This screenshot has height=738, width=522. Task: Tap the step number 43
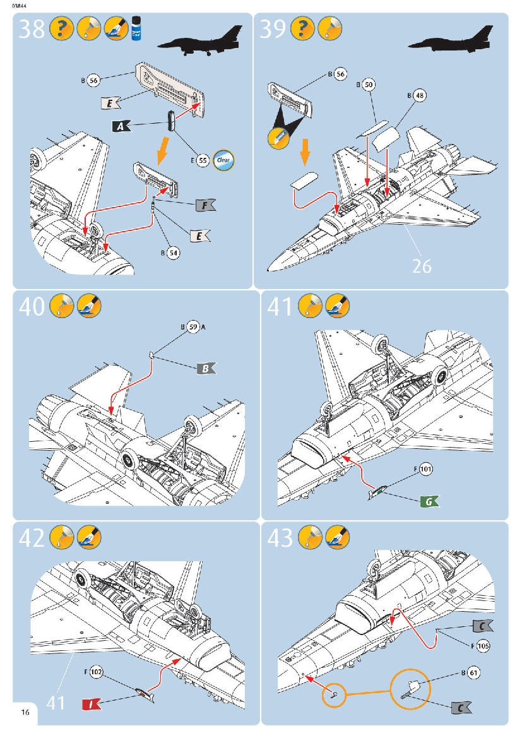click(x=281, y=538)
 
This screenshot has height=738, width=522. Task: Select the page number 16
click(x=25, y=713)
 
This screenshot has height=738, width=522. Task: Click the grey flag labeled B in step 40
click(x=207, y=369)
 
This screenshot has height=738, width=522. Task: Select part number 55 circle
click(x=203, y=160)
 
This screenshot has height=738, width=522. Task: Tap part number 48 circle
click(x=420, y=95)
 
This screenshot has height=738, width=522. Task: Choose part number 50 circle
click(x=369, y=84)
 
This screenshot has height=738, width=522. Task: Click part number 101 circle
click(x=426, y=470)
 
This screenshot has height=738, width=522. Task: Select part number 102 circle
click(x=97, y=672)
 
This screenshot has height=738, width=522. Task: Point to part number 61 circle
click(x=474, y=673)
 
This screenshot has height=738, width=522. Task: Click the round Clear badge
click(x=224, y=160)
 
